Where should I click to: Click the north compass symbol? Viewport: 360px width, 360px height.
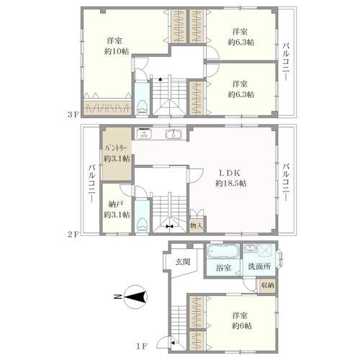point(135,297)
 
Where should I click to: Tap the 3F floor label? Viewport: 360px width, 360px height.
point(73,114)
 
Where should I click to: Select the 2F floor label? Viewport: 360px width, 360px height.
point(73,234)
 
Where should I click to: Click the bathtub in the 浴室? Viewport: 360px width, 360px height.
point(222,251)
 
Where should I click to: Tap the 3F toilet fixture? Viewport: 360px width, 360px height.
point(142,107)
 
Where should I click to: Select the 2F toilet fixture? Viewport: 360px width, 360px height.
point(142,225)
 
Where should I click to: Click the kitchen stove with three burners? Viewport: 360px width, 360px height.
point(144,134)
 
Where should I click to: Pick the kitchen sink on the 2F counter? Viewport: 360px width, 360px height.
point(174,134)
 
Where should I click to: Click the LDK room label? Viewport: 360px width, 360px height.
point(229,173)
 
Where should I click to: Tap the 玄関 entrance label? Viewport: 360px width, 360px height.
point(183,261)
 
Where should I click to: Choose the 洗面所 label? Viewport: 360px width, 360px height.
point(259,266)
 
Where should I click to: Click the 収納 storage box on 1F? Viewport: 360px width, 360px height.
point(267,285)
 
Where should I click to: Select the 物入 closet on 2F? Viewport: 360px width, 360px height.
point(197,225)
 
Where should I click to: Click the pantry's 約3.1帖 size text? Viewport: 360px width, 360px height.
point(117,158)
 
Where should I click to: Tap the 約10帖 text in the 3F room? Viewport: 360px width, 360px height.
point(117,51)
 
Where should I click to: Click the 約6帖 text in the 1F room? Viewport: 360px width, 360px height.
point(242,325)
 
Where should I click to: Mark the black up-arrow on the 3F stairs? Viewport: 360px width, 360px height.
point(160,78)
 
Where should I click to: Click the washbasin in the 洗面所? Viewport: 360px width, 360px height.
point(251,248)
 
